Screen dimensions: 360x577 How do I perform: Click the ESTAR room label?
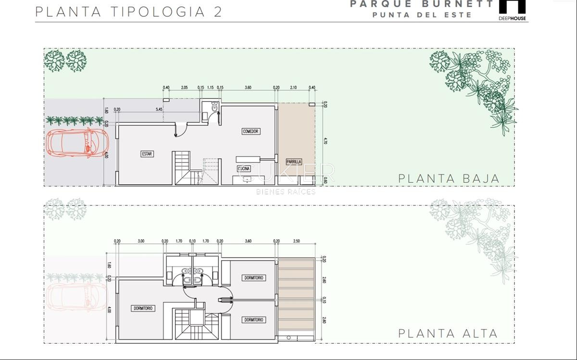click(x=147, y=154)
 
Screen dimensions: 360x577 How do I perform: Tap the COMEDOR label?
click(x=251, y=131)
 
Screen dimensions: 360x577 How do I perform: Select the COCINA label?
click(x=244, y=169)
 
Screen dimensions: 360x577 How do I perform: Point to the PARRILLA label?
click(x=293, y=162)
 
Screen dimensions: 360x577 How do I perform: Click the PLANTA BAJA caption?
click(x=449, y=178)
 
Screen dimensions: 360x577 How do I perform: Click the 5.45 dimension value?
click(x=159, y=110)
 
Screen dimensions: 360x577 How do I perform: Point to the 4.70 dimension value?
click(x=326, y=141)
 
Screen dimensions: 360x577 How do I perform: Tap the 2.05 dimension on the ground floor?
click(x=184, y=87)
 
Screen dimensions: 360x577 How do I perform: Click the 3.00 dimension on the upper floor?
click(x=141, y=241)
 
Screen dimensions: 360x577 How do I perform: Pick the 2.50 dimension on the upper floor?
click(x=296, y=241)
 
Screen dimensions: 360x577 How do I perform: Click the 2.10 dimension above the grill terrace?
click(x=293, y=87)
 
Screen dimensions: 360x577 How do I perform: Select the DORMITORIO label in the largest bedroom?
click(x=143, y=308)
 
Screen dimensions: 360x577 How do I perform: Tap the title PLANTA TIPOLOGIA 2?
click(x=128, y=12)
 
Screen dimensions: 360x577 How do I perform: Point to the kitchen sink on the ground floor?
click(x=247, y=180)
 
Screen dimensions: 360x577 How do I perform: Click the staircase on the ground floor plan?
click(x=183, y=168)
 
